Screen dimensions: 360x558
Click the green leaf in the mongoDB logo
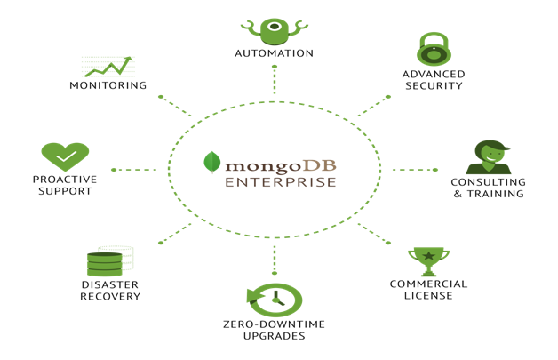(212, 162)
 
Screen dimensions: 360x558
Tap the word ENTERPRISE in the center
(280, 182)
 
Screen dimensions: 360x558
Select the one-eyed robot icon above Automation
(274, 28)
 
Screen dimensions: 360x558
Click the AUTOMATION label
(274, 53)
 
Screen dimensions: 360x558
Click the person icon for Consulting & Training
(488, 157)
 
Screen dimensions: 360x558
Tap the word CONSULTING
(489, 182)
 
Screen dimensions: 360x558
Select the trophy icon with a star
(428, 261)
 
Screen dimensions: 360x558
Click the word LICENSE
(428, 296)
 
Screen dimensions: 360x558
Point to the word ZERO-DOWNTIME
(274, 324)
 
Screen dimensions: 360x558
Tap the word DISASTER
(109, 284)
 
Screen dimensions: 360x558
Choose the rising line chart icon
(108, 67)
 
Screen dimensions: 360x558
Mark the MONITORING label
(108, 86)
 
